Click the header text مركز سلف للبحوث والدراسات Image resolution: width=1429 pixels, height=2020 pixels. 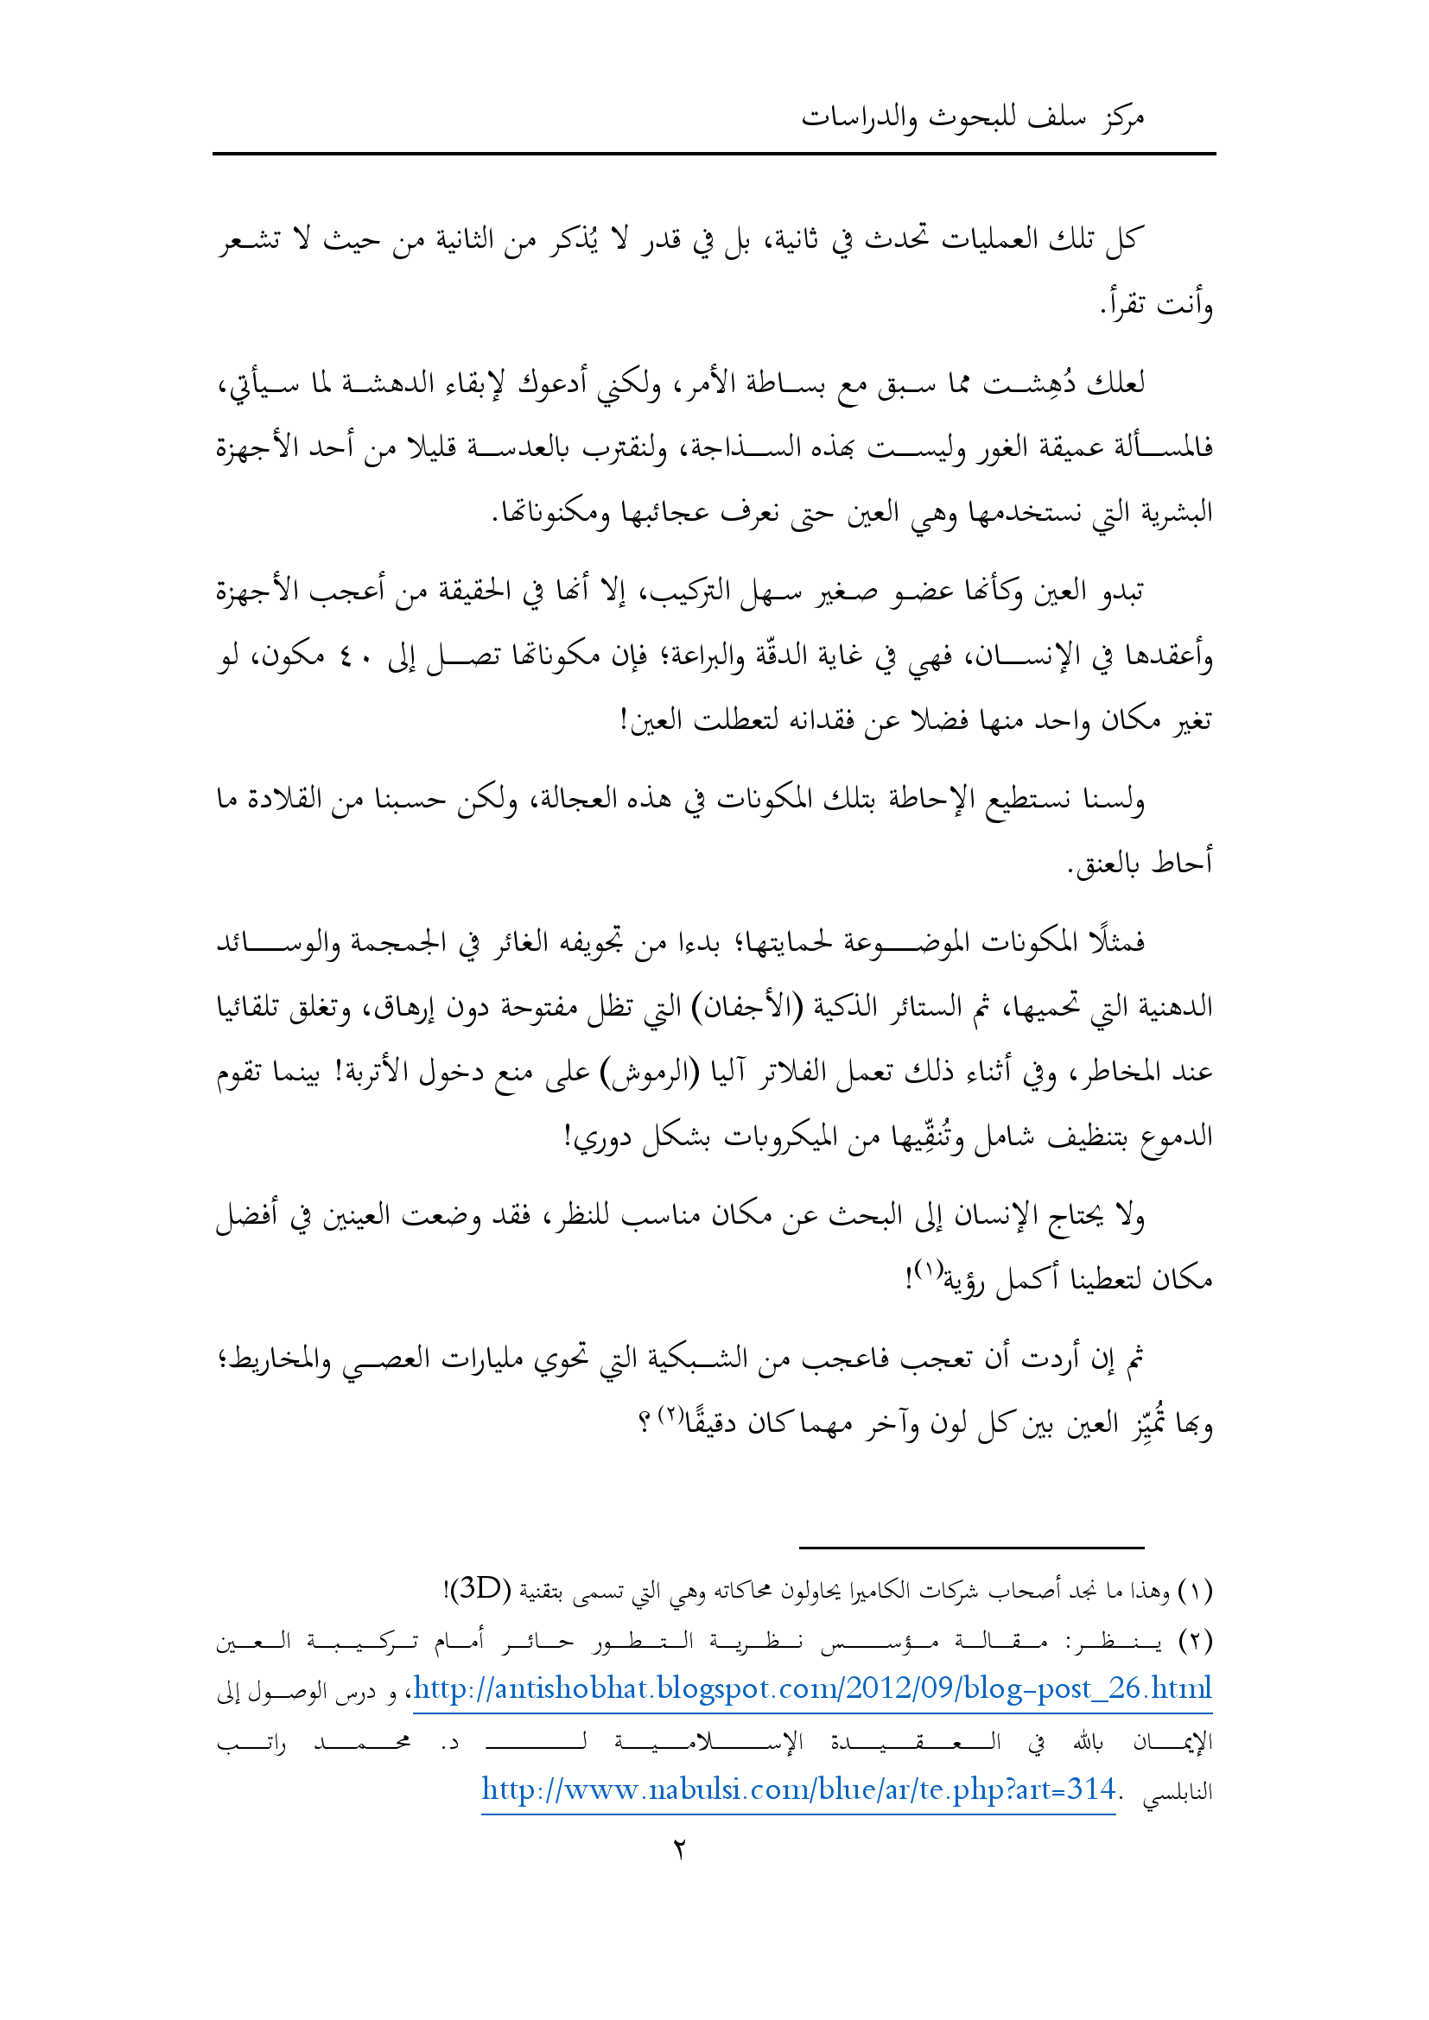[x=971, y=117]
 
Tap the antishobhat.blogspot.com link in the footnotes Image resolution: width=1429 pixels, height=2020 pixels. [x=812, y=1688]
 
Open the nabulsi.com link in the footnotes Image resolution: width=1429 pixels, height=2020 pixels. [x=798, y=1789]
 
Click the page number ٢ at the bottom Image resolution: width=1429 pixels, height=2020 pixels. [x=679, y=1849]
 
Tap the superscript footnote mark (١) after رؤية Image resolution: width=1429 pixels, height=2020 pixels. [x=927, y=1270]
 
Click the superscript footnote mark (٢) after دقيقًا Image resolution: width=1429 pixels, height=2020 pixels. [x=670, y=1414]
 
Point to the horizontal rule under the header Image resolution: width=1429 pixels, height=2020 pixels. [x=714, y=155]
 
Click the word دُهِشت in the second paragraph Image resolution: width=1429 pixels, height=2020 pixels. [x=1026, y=383]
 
